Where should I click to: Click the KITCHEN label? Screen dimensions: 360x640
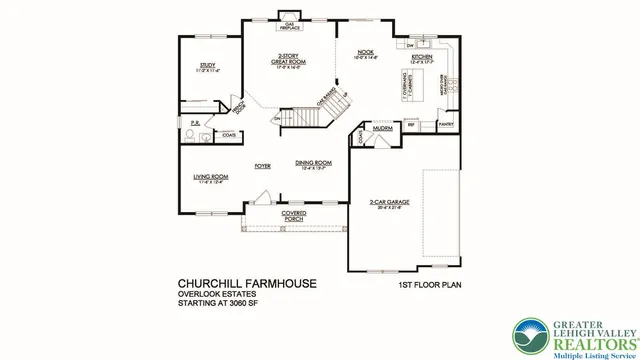[x=421, y=59]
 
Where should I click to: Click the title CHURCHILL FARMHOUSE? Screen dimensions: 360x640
[x=247, y=284]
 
